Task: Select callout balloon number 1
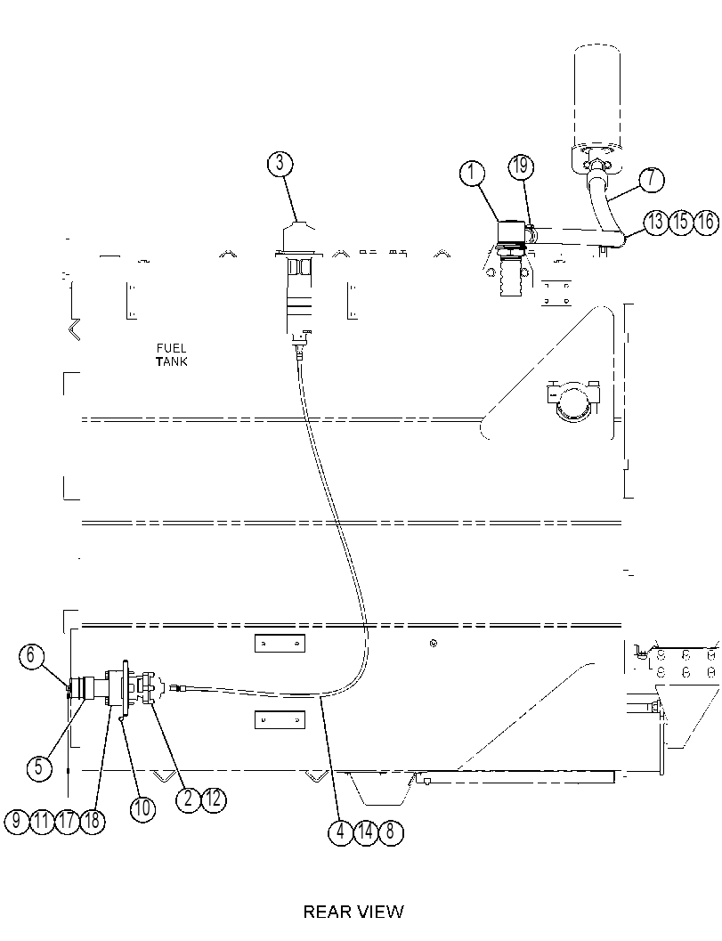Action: tap(473, 173)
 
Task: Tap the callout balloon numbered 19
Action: tap(520, 166)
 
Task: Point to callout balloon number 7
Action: tap(651, 180)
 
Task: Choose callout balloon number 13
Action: tap(656, 222)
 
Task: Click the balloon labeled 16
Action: tap(706, 222)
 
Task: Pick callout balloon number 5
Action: tap(39, 767)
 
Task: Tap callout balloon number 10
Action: tap(142, 807)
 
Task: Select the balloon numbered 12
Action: tap(214, 799)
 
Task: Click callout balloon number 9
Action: tap(18, 821)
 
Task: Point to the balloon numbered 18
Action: tap(92, 821)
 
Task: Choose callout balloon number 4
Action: tap(341, 832)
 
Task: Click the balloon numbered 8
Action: tap(391, 832)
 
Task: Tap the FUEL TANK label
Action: tap(172, 354)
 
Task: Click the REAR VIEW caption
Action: tap(353, 913)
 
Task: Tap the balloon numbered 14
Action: tap(366, 832)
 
